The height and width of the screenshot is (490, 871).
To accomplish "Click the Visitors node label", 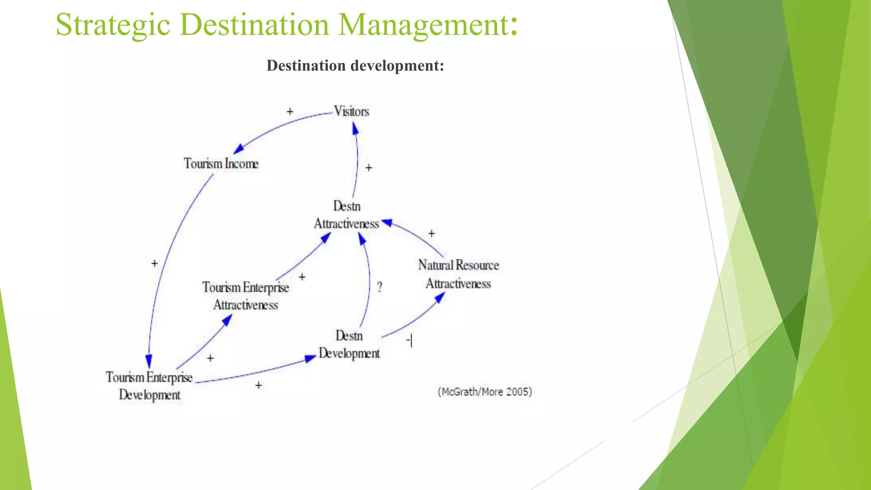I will (351, 111).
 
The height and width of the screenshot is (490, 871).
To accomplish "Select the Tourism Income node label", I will (221, 164).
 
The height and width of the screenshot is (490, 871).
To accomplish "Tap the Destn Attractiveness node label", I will (347, 215).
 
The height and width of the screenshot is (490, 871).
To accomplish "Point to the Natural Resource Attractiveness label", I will (458, 274).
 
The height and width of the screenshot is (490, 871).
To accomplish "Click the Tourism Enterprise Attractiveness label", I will (246, 296).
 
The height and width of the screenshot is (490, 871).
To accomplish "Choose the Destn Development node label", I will (349, 345).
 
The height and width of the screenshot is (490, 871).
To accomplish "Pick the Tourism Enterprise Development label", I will (149, 386).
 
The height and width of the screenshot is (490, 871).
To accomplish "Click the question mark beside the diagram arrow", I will (380, 287).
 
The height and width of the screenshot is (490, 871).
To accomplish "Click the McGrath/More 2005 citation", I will (485, 392).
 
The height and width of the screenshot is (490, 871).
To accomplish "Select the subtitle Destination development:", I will (355, 66).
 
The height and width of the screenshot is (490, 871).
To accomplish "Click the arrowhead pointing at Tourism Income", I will (239, 148).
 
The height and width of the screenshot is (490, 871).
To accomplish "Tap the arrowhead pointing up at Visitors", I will (355, 128).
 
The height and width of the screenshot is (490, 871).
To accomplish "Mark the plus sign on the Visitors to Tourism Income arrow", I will (290, 111).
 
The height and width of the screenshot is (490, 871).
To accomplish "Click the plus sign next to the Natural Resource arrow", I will (431, 234).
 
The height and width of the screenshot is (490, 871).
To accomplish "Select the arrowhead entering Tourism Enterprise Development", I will (148, 362).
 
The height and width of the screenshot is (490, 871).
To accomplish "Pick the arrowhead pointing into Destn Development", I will (311, 359).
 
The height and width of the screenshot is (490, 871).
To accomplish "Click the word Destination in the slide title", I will (254, 25).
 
